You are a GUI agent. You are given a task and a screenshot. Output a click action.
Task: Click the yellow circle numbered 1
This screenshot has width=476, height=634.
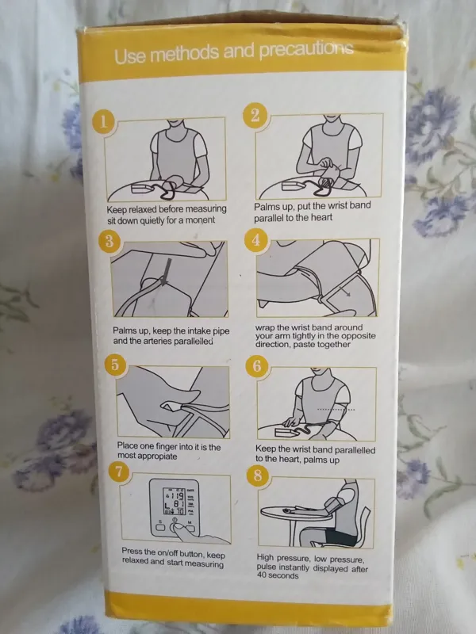pyautogui.click(x=104, y=122)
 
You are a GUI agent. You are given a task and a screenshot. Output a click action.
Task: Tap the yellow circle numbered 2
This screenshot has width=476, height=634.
pyautogui.click(x=255, y=116)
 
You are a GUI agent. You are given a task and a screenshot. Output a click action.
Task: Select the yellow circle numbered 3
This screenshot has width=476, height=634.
pyautogui.click(x=109, y=242)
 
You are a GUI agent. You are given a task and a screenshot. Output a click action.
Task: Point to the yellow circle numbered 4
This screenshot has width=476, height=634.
pyautogui.click(x=255, y=240)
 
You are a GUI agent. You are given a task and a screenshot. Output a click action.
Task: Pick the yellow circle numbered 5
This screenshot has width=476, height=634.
pyautogui.click(x=115, y=365)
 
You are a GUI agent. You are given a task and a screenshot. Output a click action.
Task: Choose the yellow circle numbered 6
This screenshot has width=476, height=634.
pyautogui.click(x=256, y=366)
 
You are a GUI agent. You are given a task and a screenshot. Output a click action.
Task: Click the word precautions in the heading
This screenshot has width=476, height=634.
pyautogui.click(x=306, y=49)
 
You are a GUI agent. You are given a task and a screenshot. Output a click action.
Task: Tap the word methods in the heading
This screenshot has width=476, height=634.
pyautogui.click(x=185, y=53)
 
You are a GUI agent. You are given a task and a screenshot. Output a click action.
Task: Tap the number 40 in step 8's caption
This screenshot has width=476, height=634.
pyautogui.click(x=261, y=575)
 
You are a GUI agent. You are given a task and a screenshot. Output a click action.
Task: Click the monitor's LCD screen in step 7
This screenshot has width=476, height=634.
pyautogui.click(x=174, y=501)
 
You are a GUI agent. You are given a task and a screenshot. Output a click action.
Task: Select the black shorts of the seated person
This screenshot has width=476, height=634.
pyautogui.click(x=341, y=537)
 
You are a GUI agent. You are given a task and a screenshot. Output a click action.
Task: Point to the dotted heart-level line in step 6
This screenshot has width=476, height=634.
pyautogui.click(x=336, y=410)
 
